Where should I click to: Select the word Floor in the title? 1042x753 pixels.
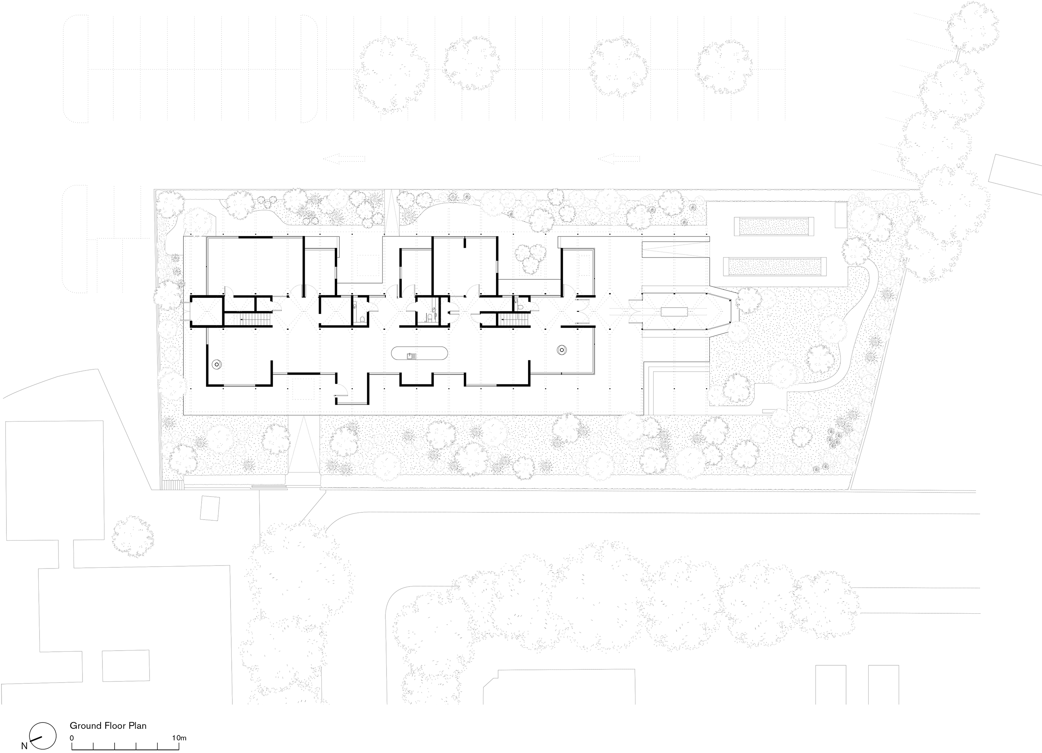[113, 726]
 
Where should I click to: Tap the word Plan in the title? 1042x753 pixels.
[137, 726]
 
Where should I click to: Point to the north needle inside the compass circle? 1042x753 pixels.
[36, 739]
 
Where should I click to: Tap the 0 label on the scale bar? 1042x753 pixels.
[72, 738]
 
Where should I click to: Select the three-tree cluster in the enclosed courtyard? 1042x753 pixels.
[530, 257]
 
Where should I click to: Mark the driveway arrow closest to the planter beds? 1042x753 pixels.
[619, 159]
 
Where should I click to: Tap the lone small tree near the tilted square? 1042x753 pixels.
[133, 537]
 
